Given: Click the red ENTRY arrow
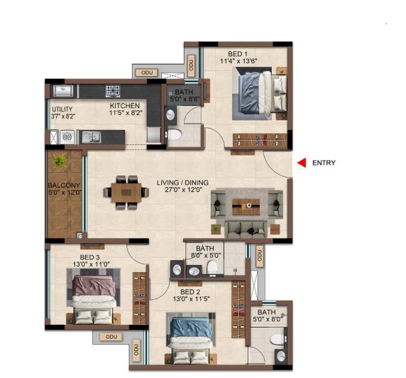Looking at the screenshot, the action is pyautogui.click(x=302, y=163).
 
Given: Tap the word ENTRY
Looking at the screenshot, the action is pyautogui.click(x=324, y=163).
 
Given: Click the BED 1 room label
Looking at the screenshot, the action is pyautogui.click(x=238, y=54).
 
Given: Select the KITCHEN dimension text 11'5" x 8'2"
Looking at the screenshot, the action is pyautogui.click(x=126, y=113).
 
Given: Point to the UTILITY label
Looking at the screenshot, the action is pyautogui.click(x=62, y=109).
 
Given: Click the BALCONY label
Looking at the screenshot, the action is pyautogui.click(x=64, y=185).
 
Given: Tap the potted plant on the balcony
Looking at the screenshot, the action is pyautogui.click(x=60, y=161).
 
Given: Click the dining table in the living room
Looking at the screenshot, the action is pyautogui.click(x=126, y=193).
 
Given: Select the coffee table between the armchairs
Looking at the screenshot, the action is pyautogui.click(x=246, y=207).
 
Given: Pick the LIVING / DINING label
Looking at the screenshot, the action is pyautogui.click(x=182, y=183).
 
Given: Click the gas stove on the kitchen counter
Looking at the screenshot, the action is pyautogui.click(x=113, y=91).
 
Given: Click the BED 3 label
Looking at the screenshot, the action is pyautogui.click(x=90, y=257).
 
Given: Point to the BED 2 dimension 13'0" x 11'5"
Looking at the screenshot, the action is pyautogui.click(x=191, y=298).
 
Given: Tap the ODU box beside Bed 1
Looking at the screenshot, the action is pyautogui.click(x=191, y=66).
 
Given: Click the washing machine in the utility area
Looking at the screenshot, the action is pyautogui.click(x=67, y=137).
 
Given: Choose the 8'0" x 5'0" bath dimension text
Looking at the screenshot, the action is pyautogui.click(x=206, y=255).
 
